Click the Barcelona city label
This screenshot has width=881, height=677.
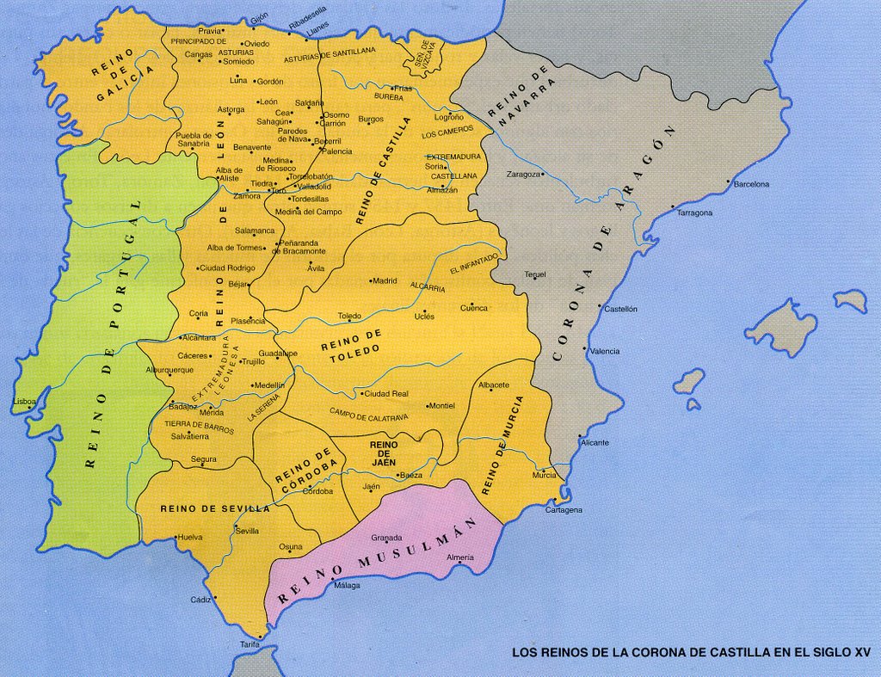(751, 184)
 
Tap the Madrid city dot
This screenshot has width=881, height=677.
(372, 280)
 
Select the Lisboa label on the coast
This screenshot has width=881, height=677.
(25, 402)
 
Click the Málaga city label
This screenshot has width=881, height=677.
(347, 586)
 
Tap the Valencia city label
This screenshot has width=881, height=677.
(604, 351)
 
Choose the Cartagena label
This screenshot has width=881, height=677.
(564, 510)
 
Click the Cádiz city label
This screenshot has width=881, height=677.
(200, 600)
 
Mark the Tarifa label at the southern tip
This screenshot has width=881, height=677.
(250, 644)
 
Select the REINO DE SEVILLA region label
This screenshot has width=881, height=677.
(215, 509)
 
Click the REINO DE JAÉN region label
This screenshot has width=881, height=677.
(384, 453)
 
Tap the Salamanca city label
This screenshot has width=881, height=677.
(256, 231)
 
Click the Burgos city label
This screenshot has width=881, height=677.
(370, 119)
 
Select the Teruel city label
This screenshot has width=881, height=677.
(535, 275)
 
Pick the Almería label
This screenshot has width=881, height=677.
(460, 557)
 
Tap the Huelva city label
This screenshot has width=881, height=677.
(189, 538)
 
